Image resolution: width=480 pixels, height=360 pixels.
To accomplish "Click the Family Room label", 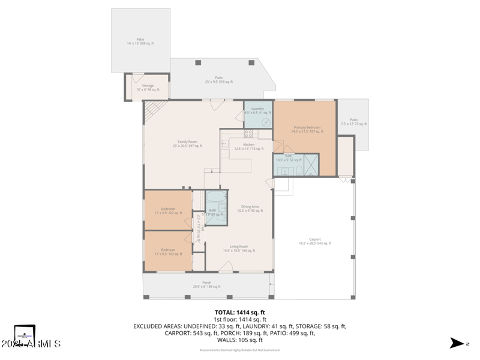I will pos(187,143).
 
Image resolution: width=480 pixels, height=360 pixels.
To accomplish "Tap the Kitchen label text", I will pos(249,146).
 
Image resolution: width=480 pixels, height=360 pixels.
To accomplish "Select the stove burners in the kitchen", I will pos(247,134).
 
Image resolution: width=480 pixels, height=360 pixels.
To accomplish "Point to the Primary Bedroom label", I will pos(307,129).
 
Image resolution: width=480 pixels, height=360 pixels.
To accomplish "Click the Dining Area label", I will pos(250,208).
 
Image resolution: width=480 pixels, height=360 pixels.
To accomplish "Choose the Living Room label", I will pos(239,248).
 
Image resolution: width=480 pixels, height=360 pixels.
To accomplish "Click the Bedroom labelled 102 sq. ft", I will pos(168,211).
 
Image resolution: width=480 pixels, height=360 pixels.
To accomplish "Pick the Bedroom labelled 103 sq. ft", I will pos(168,251).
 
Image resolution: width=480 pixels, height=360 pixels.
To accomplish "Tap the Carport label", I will pos(314,241).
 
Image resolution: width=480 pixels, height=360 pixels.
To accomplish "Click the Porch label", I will pos(206,284).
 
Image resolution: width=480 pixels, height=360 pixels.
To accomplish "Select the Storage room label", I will pos(148,87).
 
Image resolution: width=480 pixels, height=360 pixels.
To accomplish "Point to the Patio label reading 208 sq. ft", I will pos(140,41).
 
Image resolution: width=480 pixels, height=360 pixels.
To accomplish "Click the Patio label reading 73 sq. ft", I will pos(353,122).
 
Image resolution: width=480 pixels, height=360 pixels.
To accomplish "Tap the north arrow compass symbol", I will pos(458,343).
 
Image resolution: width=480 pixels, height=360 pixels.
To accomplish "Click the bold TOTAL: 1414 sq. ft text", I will pos(240,313).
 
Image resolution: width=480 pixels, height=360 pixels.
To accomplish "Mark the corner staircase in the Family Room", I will pos(154,110).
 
